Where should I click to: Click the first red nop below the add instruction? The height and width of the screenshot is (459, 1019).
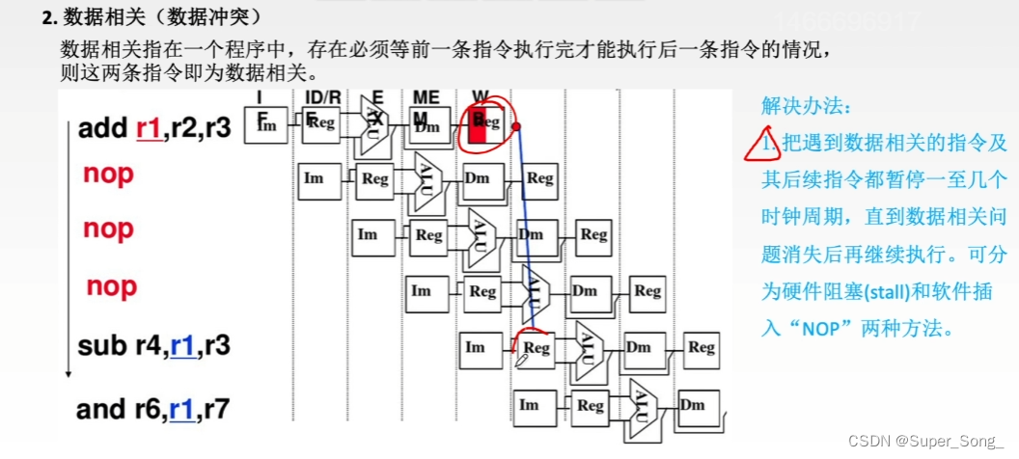108,175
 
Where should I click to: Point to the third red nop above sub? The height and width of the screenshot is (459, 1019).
112,286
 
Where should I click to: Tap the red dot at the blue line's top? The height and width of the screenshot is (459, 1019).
516,126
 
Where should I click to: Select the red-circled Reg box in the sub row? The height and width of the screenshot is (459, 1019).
536,348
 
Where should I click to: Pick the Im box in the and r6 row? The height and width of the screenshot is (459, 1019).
529,405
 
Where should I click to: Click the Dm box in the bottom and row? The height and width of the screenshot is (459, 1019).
692,405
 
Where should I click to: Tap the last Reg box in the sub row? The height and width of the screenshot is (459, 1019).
702,348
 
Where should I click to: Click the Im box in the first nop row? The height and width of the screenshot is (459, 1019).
315,178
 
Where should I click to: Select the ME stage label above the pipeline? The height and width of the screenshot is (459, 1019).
426,98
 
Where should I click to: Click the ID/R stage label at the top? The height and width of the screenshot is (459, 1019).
322,98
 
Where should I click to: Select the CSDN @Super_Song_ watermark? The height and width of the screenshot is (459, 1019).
925,441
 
